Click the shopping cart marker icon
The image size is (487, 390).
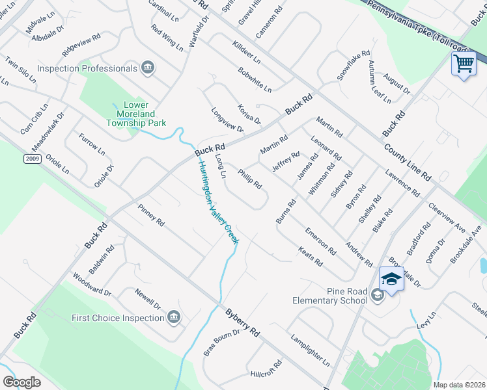(464, 64)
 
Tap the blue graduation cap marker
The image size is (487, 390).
(391, 279)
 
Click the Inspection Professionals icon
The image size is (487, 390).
(148, 68)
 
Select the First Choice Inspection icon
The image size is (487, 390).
(173, 317)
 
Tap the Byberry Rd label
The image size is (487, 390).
(243, 322)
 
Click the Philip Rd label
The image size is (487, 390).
(250, 179)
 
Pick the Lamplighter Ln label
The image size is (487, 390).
(311, 349)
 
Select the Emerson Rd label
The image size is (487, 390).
(320, 241)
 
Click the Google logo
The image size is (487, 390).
(21, 382)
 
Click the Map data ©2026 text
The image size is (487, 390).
(459, 385)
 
